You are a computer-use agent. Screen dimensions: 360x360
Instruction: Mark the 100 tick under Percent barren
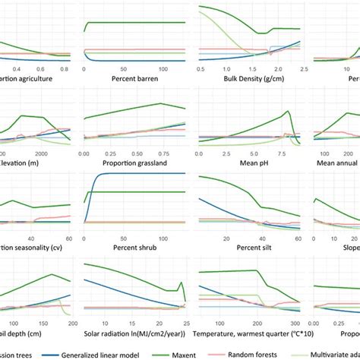(x=147, y=68)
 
